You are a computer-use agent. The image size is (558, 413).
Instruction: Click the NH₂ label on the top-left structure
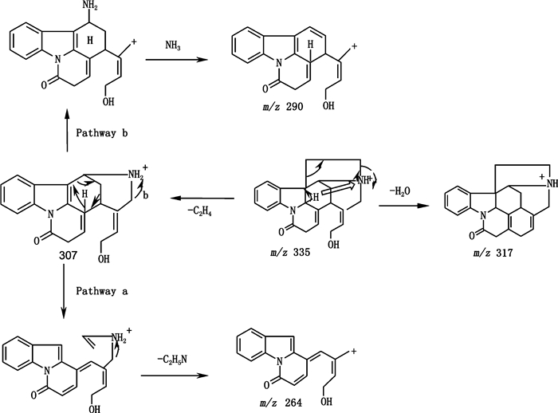coord(91,8)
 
